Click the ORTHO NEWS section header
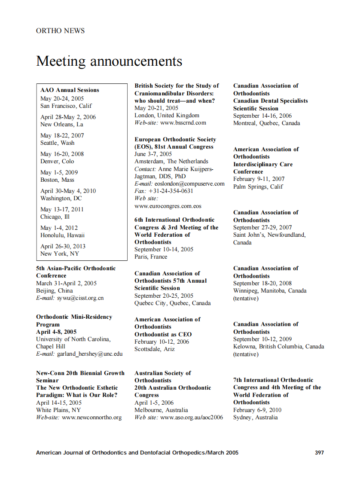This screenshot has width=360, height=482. pyautogui.click(x=60, y=31)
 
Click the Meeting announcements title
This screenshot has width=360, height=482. pyautogui.click(x=109, y=61)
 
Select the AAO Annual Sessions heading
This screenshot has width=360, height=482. pyautogui.click(x=70, y=90)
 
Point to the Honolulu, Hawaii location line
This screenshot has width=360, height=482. pyautogui.click(x=62, y=235)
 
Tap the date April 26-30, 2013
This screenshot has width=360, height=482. pyautogui.click(x=63, y=246)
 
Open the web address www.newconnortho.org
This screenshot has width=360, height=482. pyautogui.click(x=92, y=417)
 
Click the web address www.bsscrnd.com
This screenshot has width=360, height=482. pyautogui.click(x=183, y=122)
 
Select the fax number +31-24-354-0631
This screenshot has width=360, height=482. pyautogui.click(x=171, y=191)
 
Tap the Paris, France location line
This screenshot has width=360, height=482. pyautogui.click(x=151, y=256)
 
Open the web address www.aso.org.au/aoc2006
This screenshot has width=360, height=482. pyautogui.click(x=192, y=417)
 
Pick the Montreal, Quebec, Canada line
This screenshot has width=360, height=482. pyautogui.click(x=266, y=123)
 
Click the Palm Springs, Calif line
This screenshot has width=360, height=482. pyautogui.click(x=258, y=186)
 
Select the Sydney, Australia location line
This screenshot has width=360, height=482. pyautogui.click(x=255, y=417)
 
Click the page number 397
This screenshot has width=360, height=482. pyautogui.click(x=319, y=452)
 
